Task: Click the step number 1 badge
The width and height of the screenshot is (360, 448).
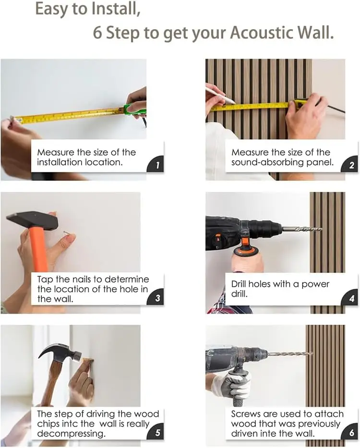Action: coord(156,165)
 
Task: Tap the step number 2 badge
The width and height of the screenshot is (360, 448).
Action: coord(350,165)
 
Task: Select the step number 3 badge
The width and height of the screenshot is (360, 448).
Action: coord(156,298)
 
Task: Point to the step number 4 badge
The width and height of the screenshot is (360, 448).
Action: coord(350,298)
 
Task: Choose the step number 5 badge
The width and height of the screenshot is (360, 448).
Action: coord(156,432)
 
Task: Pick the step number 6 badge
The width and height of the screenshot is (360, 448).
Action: coord(350,432)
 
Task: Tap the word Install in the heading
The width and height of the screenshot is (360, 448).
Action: coord(116,9)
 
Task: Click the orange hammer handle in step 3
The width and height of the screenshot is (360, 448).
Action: coord(39,247)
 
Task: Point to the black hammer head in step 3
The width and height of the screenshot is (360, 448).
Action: coord(32,220)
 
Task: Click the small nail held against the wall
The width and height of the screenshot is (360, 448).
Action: coord(66,233)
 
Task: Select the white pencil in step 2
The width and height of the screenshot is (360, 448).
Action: coord(220,95)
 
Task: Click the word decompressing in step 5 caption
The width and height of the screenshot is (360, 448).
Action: coord(71,434)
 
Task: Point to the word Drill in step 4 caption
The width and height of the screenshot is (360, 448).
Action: coord(239,284)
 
